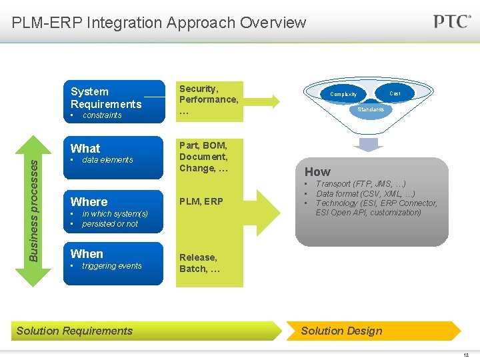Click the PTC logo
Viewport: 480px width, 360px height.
(452, 21)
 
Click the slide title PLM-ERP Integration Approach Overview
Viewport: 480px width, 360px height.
(159, 23)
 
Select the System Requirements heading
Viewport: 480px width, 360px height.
(106, 97)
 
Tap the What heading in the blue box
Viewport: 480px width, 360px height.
(85, 148)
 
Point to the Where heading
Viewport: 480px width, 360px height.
(89, 201)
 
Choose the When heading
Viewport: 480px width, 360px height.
(87, 253)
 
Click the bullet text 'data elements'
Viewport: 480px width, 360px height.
(107, 160)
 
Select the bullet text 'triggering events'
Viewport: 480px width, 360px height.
(111, 266)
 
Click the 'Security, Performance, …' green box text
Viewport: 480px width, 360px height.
(209, 99)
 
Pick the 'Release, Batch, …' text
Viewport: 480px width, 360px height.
(198, 263)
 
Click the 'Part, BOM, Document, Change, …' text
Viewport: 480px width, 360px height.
(203, 157)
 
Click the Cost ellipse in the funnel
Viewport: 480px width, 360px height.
(395, 93)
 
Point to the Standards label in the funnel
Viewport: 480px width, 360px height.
(371, 109)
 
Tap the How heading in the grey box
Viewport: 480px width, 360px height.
(317, 171)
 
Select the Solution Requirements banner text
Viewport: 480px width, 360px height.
(75, 331)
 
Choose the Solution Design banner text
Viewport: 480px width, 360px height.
(341, 331)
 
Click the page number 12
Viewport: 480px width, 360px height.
(466, 354)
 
